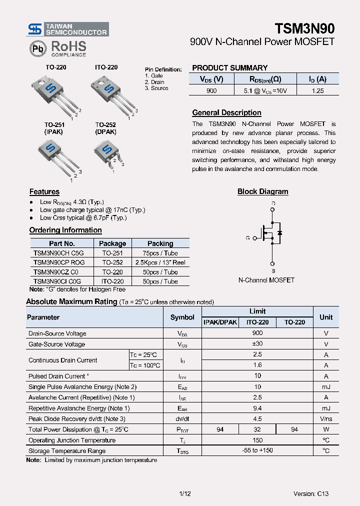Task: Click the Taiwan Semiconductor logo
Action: pyautogui.click(x=67, y=29)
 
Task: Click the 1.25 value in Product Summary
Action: pyautogui.click(x=317, y=90)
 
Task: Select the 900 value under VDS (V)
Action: pyautogui.click(x=211, y=90)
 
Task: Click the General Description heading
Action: pyautogui.click(x=226, y=113)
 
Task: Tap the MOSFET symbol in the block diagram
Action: pyautogui.click(x=270, y=233)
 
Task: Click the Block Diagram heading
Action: pyautogui.click(x=262, y=191)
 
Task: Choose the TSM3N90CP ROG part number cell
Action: pyautogui.click(x=59, y=262)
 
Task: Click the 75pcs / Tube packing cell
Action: pyautogui.click(x=160, y=253)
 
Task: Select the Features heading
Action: pyautogui.click(x=44, y=192)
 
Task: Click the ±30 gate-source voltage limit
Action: pyautogui.click(x=257, y=344)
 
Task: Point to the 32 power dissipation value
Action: pyautogui.click(x=257, y=429)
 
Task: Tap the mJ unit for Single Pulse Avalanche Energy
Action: pyautogui.click(x=326, y=387)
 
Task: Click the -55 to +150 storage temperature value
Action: pyautogui.click(x=257, y=451)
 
